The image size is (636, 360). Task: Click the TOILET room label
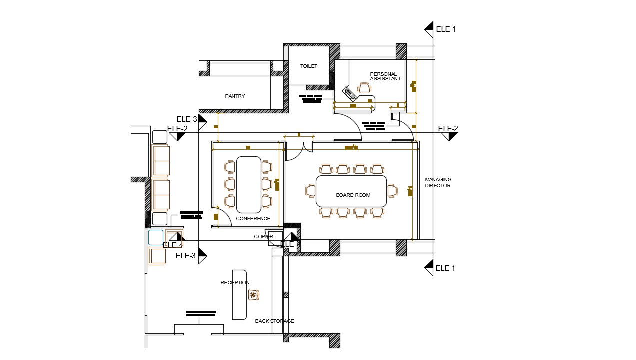[308, 66]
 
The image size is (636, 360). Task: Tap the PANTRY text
[235, 96]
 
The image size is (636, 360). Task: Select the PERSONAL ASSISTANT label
[385, 76]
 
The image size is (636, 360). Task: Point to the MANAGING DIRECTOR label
[438, 182]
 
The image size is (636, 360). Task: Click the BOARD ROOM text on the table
[353, 195]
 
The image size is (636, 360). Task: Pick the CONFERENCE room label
[253, 219]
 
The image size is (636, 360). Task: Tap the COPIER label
[263, 237]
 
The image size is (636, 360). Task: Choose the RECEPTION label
[235, 283]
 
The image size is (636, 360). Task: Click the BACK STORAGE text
[274, 321]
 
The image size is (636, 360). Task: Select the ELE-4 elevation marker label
[173, 245]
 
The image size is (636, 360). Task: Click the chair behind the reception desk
[254, 295]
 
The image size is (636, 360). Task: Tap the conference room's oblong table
[248, 184]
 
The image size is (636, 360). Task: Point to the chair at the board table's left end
[310, 191]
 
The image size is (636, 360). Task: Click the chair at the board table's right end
[392, 191]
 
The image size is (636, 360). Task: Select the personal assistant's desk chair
[365, 88]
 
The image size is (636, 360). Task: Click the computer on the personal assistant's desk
[350, 93]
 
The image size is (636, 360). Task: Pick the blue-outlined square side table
[155, 237]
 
